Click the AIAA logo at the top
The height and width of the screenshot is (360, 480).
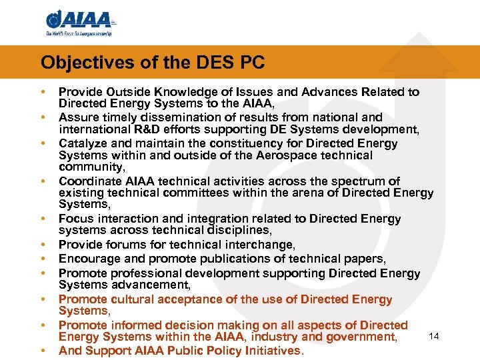(x=79, y=20)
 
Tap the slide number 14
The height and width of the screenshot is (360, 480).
(x=433, y=336)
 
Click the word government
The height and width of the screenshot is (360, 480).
(x=363, y=337)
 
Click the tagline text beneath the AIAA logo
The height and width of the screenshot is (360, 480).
(x=79, y=33)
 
